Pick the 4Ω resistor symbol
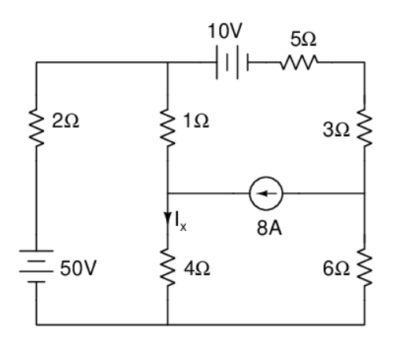(x=168, y=268)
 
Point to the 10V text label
(x=226, y=32)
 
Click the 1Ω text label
(x=196, y=124)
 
